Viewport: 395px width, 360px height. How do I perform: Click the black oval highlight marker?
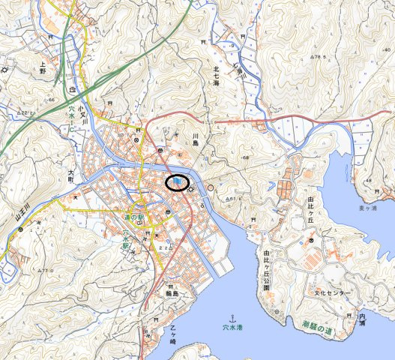pyautogui.click(x=177, y=182)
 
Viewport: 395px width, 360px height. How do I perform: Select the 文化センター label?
pyautogui.click(x=330, y=292)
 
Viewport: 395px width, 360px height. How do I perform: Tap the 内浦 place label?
pyautogui.click(x=362, y=319)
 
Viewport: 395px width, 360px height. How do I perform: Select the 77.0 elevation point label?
pyautogui.click(x=47, y=270)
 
